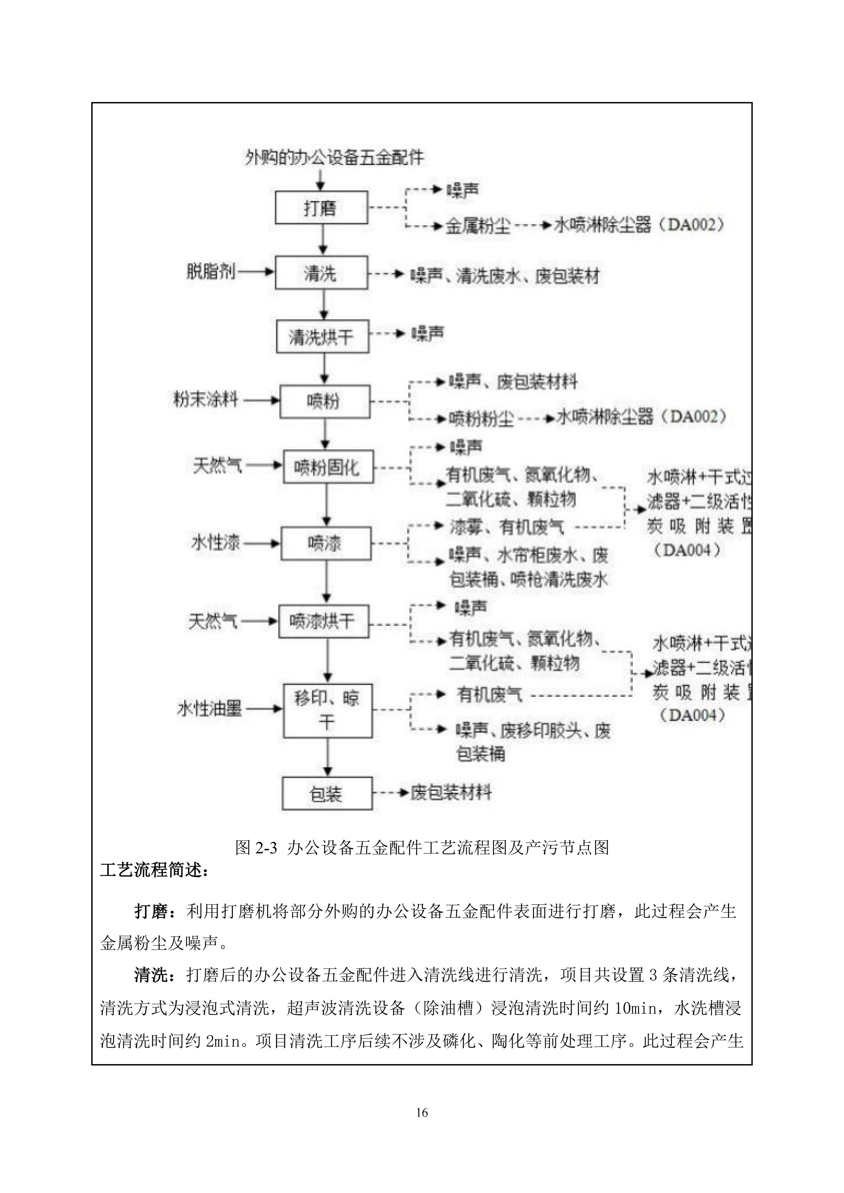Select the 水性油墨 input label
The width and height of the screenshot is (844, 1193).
click(209, 708)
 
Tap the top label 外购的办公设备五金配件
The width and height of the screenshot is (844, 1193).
click(334, 158)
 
